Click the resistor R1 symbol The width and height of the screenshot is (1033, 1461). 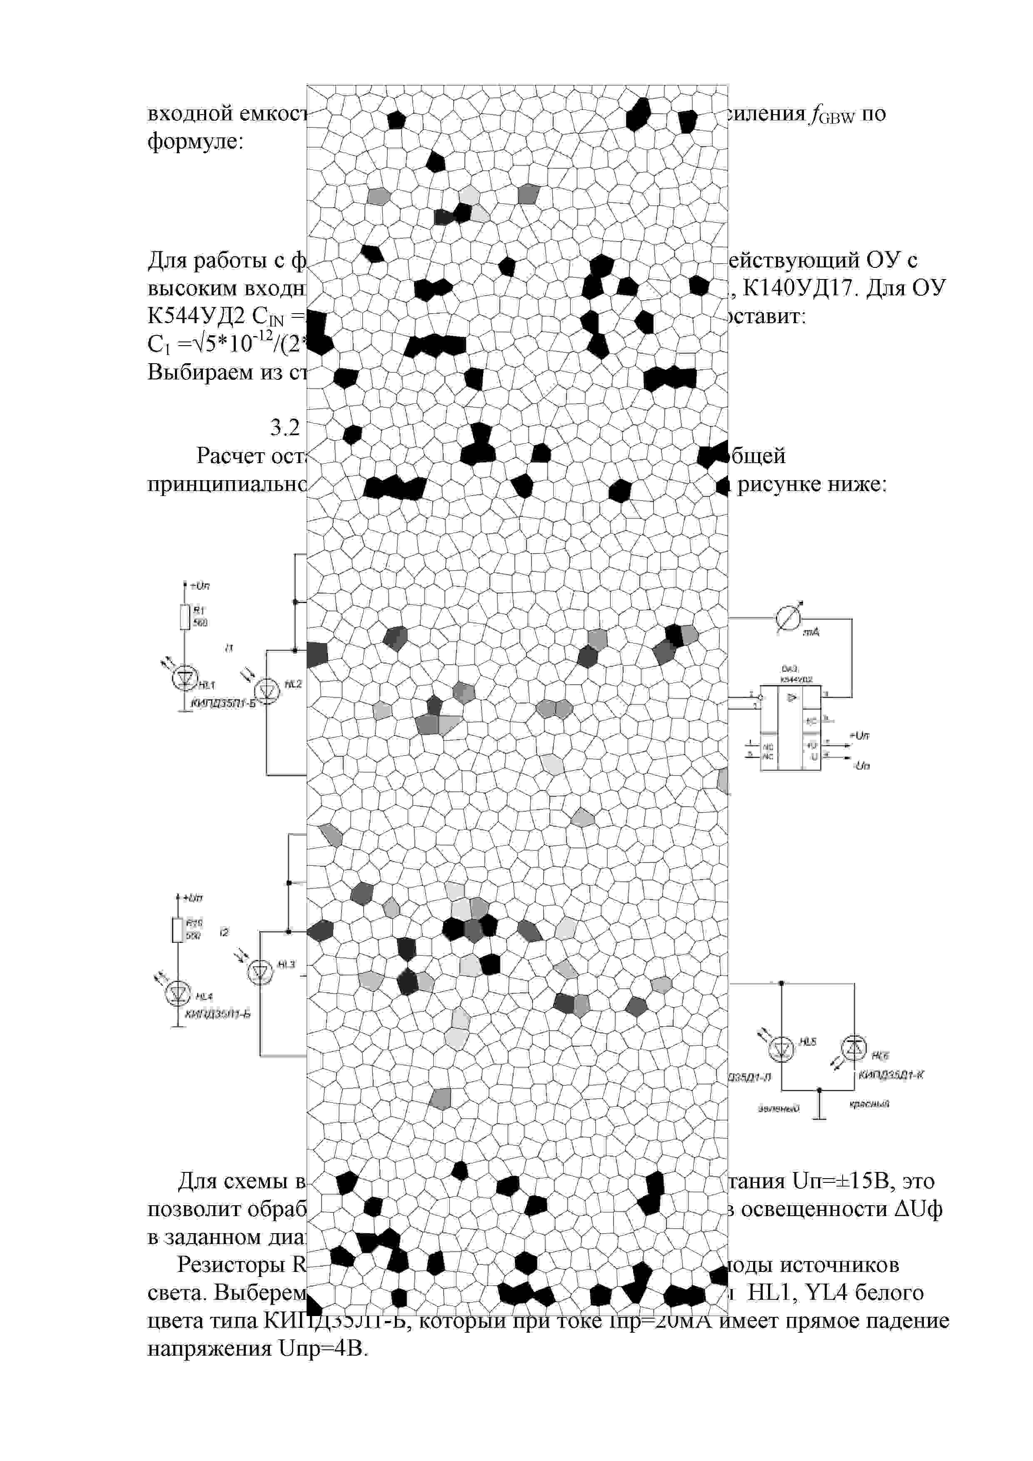(x=185, y=616)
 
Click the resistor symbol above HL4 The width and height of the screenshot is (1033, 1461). (x=177, y=930)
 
